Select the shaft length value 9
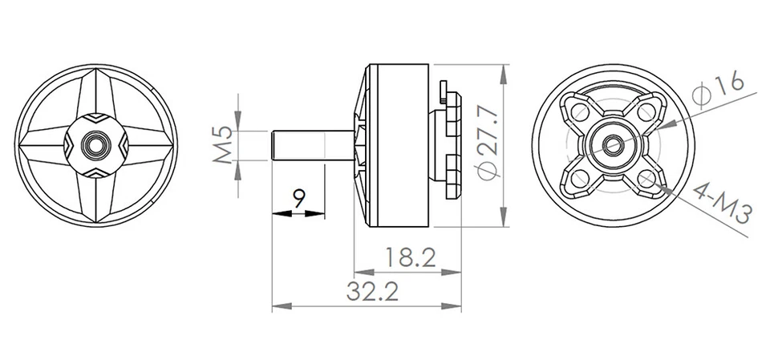tap(298, 198)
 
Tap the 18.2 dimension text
tap(409, 258)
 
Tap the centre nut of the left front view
tap(95, 145)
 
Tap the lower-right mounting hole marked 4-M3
tap(649, 180)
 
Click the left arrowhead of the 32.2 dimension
tap(278, 306)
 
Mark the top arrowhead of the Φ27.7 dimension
tap(504, 71)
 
